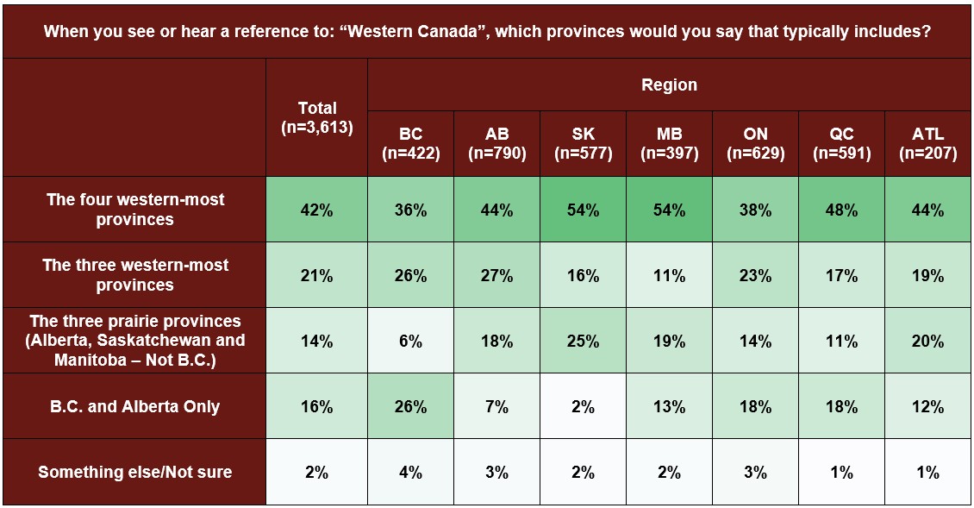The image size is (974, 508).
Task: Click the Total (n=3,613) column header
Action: tap(317, 117)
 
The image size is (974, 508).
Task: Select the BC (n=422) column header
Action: tap(410, 144)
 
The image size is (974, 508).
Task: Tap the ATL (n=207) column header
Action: tap(928, 144)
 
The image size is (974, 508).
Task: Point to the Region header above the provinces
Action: tap(669, 85)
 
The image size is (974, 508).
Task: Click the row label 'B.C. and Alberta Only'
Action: tap(134, 406)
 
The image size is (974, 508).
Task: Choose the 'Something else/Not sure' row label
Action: tap(134, 472)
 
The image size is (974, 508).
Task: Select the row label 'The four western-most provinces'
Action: tap(134, 210)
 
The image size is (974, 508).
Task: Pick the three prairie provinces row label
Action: tap(134, 340)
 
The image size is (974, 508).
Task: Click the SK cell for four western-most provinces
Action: tap(584, 210)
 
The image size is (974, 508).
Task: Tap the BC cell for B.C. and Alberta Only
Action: tap(410, 406)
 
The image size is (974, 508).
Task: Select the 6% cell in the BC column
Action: tap(410, 341)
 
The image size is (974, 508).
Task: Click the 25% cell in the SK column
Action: tap(584, 341)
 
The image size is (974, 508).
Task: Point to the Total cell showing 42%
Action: tap(317, 210)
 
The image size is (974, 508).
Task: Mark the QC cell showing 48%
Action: tap(841, 210)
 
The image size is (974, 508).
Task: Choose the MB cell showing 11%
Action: tap(669, 275)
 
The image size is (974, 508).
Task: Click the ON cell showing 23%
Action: tap(755, 275)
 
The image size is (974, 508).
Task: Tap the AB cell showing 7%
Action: tap(497, 406)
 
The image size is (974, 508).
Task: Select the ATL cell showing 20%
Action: tap(928, 341)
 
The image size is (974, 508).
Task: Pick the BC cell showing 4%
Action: tap(410, 473)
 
